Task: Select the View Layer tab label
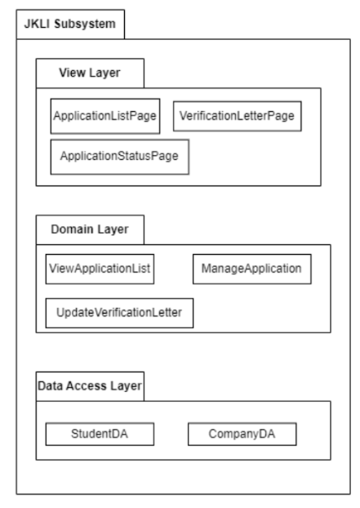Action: coord(90,72)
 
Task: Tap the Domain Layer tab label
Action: coord(90,229)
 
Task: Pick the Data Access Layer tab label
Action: coord(90,385)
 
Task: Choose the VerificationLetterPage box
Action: coord(236,117)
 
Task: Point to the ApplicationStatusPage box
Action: coord(120,156)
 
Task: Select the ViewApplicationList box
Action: coord(100,268)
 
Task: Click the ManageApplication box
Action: coord(251,268)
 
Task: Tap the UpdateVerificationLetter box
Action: coord(119,313)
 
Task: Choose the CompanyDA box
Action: coord(241,434)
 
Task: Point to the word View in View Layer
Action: coord(72,72)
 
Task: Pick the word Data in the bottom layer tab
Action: coord(51,385)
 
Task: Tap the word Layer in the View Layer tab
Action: coord(102,72)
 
